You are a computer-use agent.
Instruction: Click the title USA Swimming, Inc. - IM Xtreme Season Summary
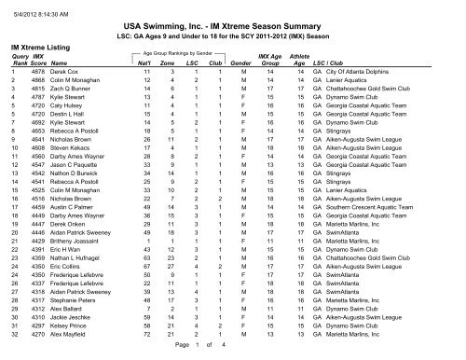click(x=232, y=30)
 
